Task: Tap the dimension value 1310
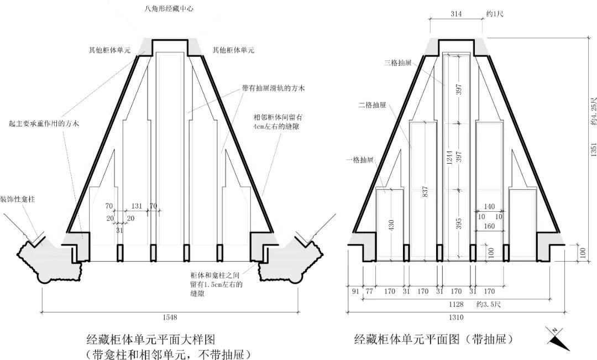[x=457, y=317]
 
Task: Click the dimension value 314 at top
[x=457, y=13]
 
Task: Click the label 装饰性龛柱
[x=18, y=198]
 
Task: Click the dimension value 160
[x=489, y=226]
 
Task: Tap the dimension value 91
[x=354, y=290]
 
